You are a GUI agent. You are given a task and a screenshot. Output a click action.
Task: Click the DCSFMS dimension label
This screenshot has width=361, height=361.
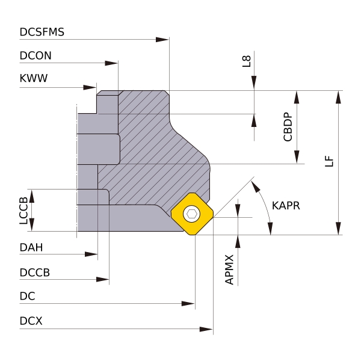pos(42,32)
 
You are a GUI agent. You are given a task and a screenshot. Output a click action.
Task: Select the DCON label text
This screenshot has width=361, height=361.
pos(35,55)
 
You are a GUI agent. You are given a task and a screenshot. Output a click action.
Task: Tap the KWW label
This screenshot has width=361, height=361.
pos(33,78)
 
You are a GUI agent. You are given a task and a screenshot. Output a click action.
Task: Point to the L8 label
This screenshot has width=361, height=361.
pos(247,61)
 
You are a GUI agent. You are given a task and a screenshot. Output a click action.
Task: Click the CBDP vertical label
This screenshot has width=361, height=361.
pos(288,127)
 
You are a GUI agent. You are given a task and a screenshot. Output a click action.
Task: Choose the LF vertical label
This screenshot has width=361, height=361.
pos(329,161)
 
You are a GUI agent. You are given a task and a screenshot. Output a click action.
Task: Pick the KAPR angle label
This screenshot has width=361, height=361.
pos(286,206)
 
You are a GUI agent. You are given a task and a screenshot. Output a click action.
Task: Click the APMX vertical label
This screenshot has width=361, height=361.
pos(229,269)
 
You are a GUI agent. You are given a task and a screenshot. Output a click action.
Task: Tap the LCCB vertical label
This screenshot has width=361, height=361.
pos(23,211)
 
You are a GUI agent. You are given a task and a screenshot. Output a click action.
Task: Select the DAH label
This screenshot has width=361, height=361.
pos(31,247)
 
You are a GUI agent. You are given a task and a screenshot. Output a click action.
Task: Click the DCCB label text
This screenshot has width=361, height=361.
pos(34,272)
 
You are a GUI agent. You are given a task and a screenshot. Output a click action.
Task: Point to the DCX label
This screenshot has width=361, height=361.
pos(31,321)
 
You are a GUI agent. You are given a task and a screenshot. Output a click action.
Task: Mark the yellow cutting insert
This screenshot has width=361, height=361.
pos(192,214)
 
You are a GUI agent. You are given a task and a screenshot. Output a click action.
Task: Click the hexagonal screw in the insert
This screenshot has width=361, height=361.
pos(192,214)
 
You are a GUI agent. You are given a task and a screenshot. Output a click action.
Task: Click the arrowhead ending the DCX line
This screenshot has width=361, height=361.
pos(207,329)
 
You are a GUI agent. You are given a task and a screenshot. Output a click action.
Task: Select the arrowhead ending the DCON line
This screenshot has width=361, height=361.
pos(111,63)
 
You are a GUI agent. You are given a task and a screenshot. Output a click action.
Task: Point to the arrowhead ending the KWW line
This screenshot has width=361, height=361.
pos(90,87)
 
